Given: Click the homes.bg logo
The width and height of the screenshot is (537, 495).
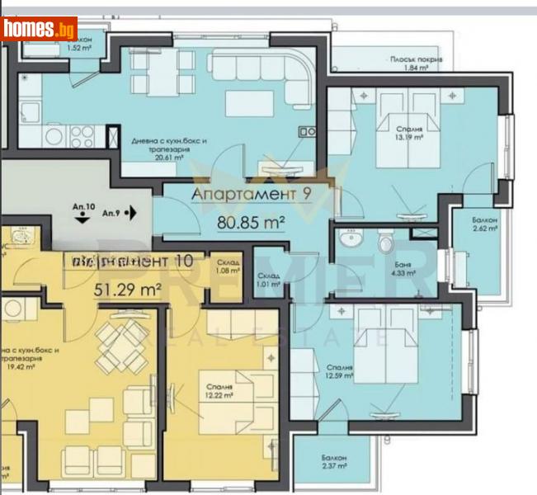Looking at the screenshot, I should (x=40, y=30).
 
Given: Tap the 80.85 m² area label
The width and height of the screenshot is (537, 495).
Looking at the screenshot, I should (x=251, y=222).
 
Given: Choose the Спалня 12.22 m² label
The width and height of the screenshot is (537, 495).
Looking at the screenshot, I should (x=221, y=389).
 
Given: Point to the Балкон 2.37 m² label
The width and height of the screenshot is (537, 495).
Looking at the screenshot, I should (x=335, y=462).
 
